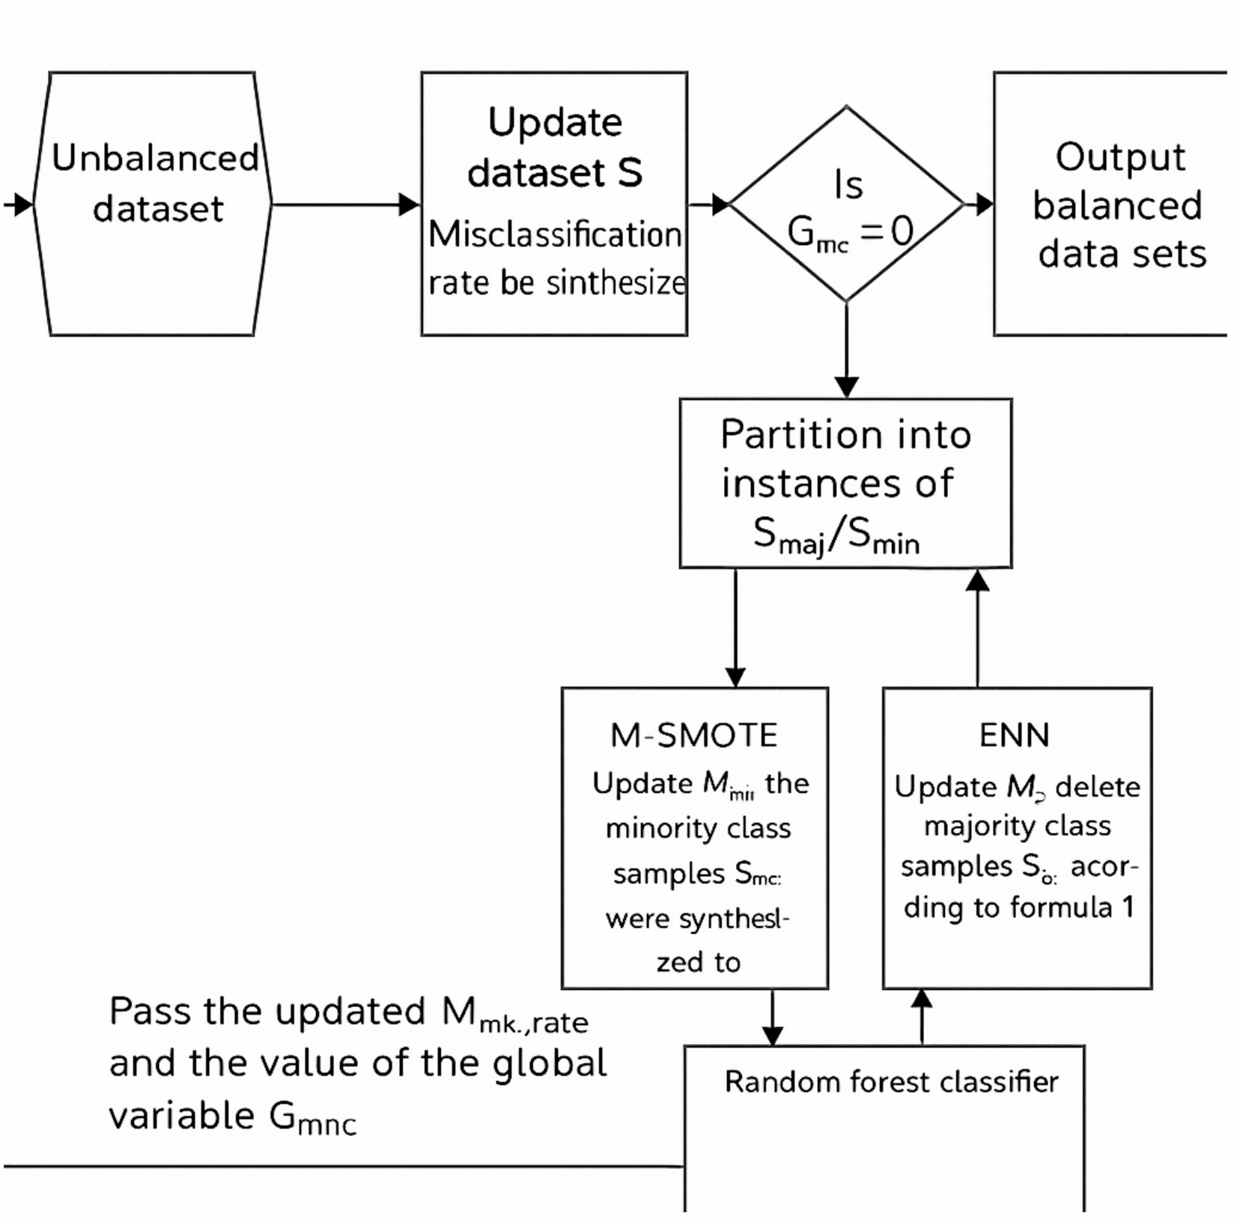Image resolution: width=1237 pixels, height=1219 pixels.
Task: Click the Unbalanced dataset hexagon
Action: coord(154,204)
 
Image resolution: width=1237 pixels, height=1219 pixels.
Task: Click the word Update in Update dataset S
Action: coord(555,122)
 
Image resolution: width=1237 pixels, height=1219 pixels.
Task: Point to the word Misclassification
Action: coord(555,235)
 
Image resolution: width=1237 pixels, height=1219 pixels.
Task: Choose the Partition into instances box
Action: coord(845,483)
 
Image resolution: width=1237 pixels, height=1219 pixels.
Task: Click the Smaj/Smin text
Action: coord(836,536)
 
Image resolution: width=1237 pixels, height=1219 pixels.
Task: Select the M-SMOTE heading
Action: coord(694,735)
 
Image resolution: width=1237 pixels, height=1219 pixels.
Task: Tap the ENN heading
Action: coord(1015,735)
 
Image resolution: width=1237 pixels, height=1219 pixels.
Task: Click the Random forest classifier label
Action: coord(891,1082)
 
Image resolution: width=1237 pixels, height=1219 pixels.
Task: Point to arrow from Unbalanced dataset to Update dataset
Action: coord(344,204)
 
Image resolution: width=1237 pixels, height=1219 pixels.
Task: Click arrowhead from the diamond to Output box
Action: coord(984,204)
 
